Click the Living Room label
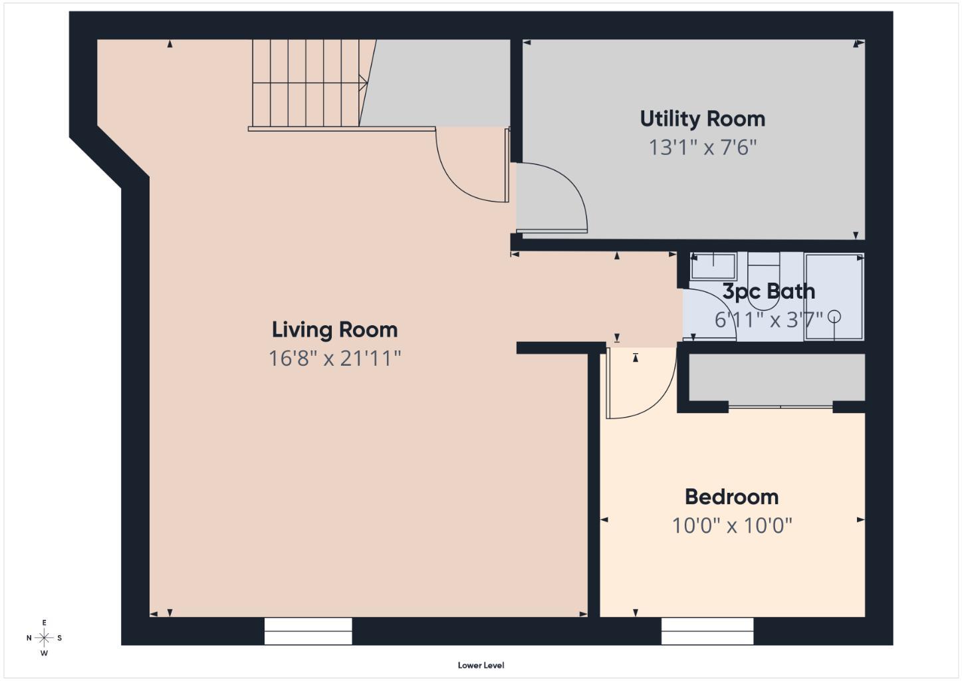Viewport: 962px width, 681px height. point(334,330)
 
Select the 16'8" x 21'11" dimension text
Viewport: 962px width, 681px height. point(334,359)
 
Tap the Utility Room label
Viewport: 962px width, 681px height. point(702,119)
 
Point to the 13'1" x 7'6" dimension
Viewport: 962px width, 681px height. point(702,148)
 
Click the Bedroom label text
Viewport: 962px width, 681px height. point(731,497)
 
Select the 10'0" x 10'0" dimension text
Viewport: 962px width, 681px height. point(731,526)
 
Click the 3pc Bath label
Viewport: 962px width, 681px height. point(768,291)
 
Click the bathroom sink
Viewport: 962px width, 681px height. point(713,267)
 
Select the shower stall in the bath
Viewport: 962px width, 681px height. point(834,297)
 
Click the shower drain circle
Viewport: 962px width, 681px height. point(834,317)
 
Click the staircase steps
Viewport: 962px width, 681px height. point(306,83)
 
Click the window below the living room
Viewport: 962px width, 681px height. point(308,631)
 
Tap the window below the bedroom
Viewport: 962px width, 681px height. point(707,631)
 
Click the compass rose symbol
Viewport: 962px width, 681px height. point(44,638)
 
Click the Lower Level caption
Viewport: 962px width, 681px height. point(481,665)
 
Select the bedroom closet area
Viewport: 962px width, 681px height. point(777,377)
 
